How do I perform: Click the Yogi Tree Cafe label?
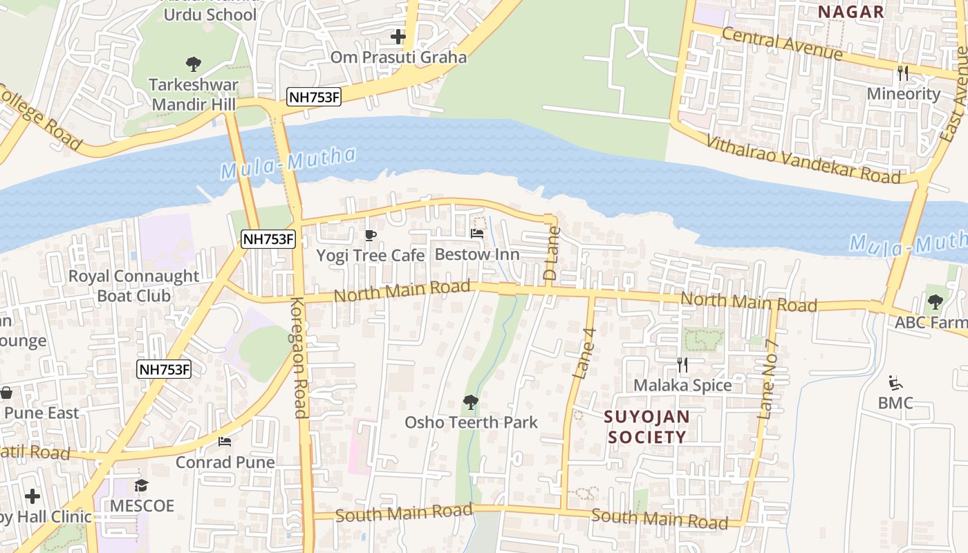(370, 255)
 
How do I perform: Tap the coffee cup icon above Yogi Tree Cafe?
(371, 235)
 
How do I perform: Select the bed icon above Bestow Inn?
(477, 234)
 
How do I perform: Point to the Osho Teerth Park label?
(471, 422)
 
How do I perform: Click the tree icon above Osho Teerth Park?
(471, 402)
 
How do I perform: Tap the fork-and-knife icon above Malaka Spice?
(682, 365)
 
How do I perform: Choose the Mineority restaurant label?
(903, 93)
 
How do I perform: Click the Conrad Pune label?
(225, 462)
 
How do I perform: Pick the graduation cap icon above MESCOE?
(142, 485)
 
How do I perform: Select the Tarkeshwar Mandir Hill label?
(194, 95)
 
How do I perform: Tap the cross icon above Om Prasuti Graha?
(398, 37)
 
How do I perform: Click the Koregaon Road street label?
(299, 357)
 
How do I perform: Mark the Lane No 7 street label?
(768, 379)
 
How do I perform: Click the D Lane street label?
(551, 254)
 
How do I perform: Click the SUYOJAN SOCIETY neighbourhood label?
(646, 427)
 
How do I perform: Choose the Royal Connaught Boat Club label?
(133, 285)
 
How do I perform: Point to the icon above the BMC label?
(895, 382)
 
